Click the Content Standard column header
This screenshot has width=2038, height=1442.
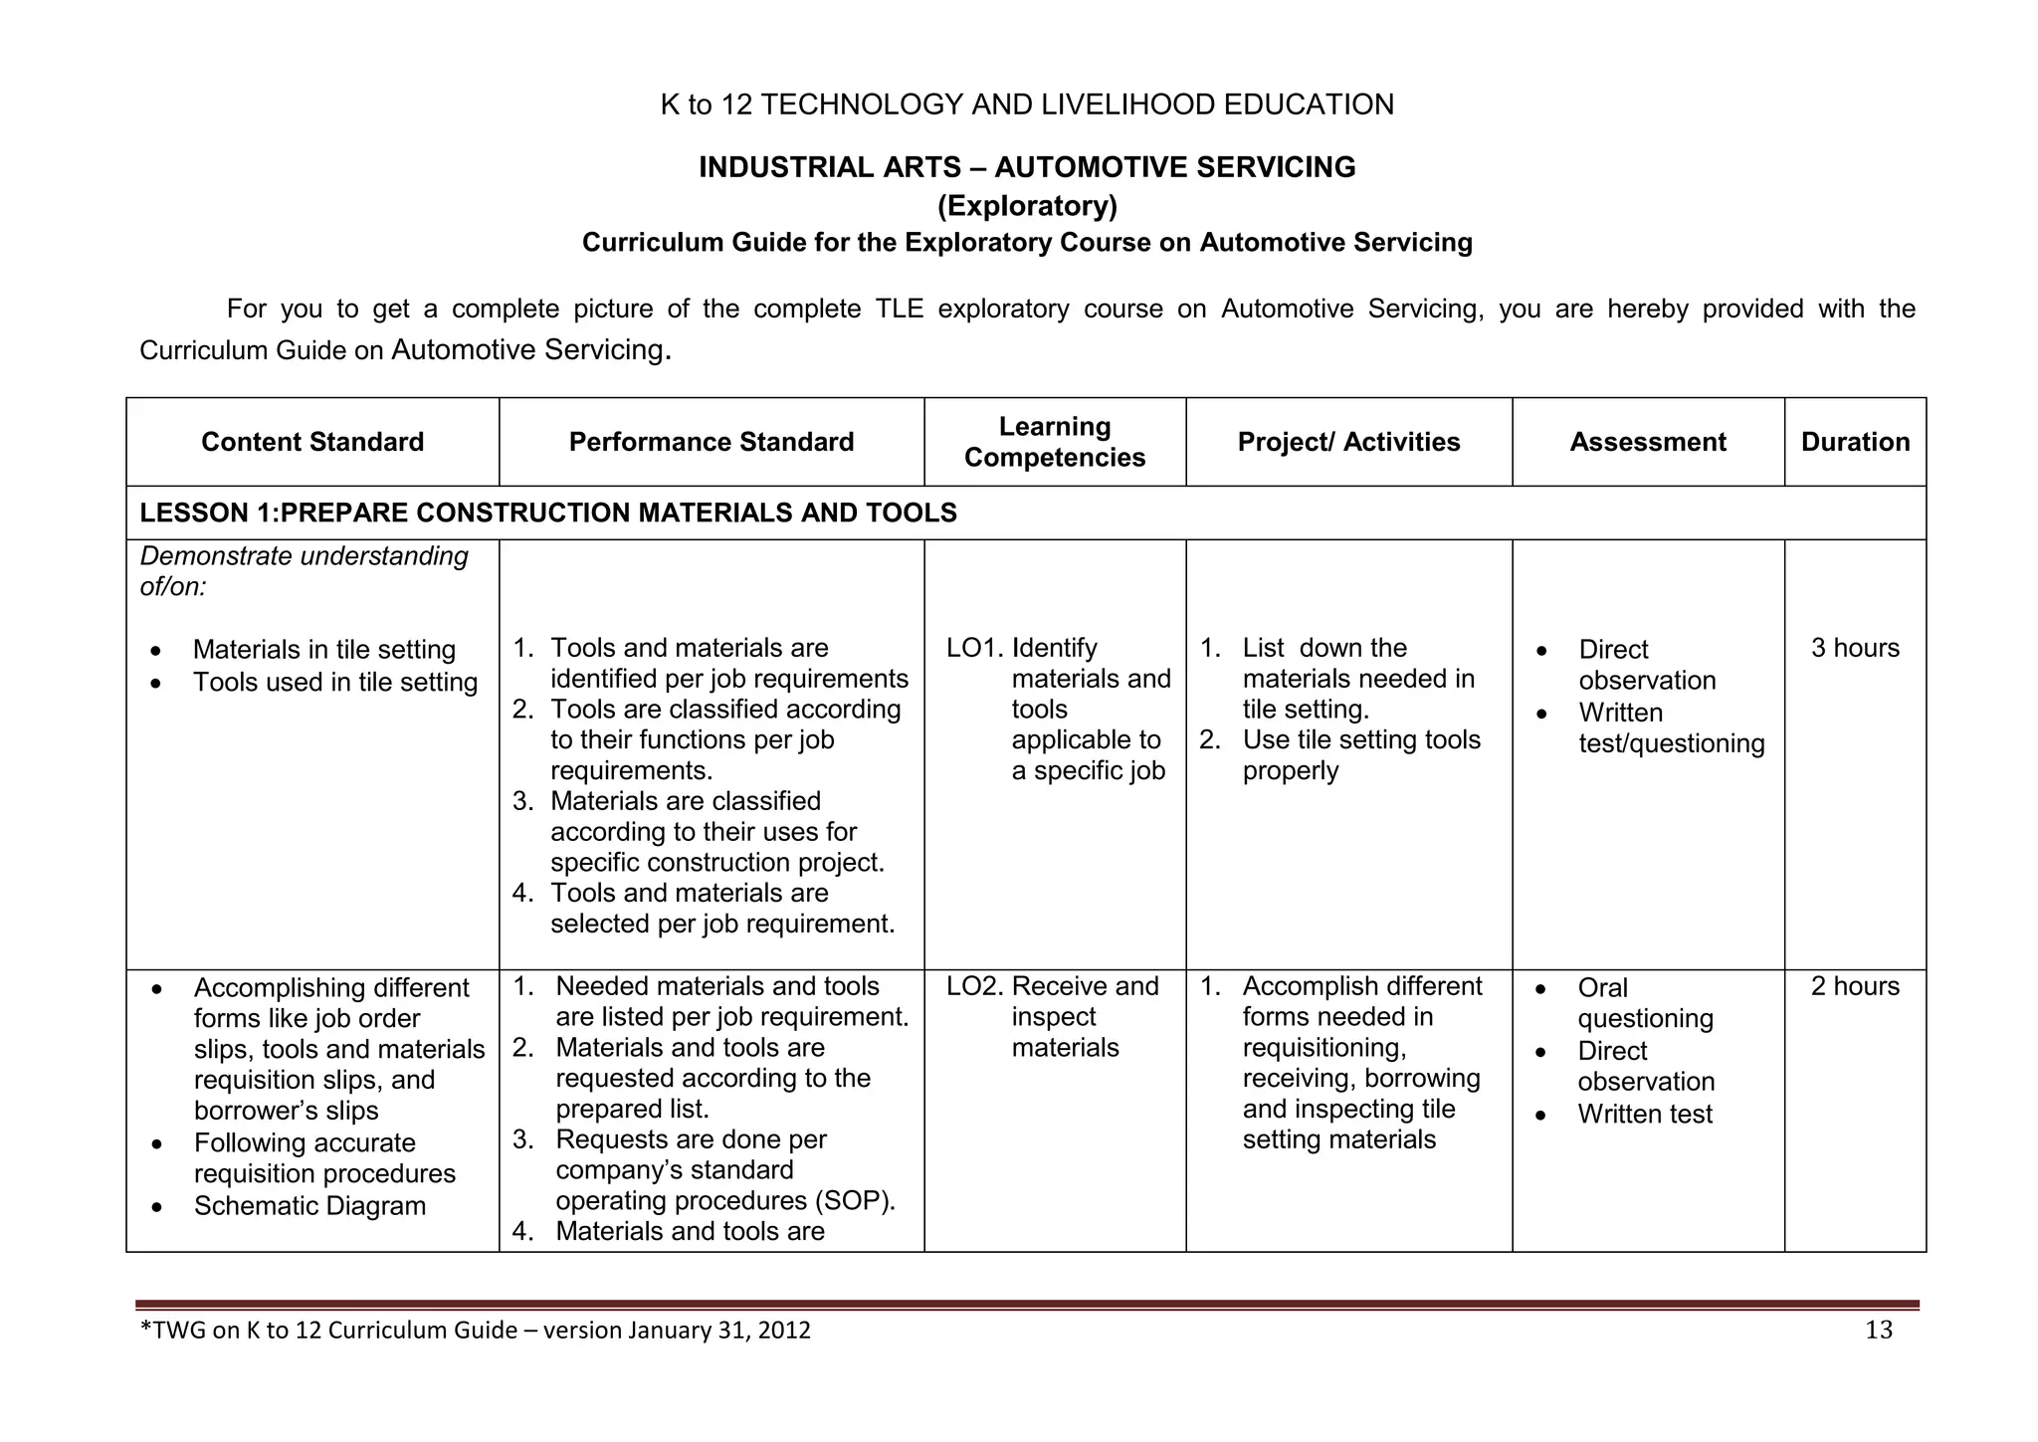312,442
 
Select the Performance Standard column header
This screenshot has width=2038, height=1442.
711,442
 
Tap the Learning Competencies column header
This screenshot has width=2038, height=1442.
1055,442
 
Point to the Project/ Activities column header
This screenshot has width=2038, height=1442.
1348,442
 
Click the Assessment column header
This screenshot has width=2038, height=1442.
1648,442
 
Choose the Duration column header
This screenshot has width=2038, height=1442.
1855,442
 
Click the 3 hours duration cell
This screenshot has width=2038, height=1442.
1855,648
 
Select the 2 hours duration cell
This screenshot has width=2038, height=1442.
1855,986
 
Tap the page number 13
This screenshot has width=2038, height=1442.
1878,1331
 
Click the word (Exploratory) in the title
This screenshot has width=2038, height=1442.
1027,206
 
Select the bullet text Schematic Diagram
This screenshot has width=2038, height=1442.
309,1206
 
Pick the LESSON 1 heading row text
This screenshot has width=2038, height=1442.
547,513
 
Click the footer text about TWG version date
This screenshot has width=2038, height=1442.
476,1331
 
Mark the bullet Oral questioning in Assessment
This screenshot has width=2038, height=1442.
1645,1003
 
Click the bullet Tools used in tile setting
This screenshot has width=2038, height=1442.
335,683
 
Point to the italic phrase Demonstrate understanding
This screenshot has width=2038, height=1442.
304,556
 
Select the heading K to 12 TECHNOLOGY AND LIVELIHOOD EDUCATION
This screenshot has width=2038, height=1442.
1027,104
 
